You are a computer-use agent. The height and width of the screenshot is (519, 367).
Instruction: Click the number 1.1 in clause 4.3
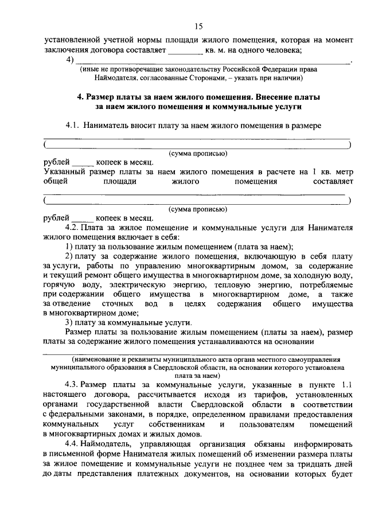coord(343,383)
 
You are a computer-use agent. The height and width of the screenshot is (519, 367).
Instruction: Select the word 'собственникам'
coord(181,424)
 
